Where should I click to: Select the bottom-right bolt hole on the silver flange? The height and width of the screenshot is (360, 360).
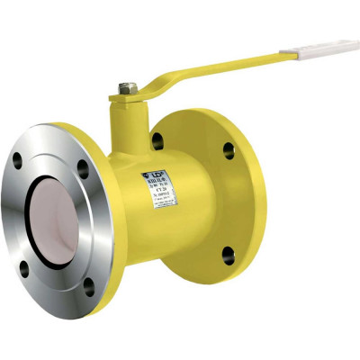tap(88, 289)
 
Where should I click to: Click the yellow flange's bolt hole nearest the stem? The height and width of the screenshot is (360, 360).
tap(158, 139)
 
